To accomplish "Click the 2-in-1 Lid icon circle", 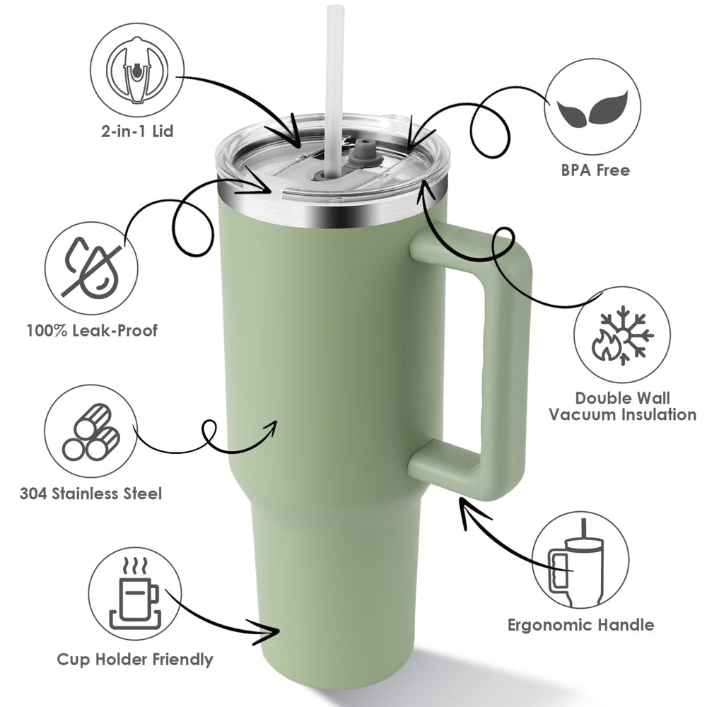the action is (137, 70).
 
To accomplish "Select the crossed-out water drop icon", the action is (91, 267).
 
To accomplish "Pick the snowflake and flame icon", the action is (622, 335).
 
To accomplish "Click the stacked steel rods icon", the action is (90, 431).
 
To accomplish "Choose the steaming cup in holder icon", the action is (135, 594).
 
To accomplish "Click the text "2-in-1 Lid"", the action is (137, 132).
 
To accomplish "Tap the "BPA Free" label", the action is (595, 170).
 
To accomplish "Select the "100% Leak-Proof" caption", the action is (92, 330).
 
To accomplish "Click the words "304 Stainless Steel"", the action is (90, 493).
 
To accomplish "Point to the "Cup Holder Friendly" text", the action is (135, 659).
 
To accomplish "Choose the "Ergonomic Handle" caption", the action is (580, 625).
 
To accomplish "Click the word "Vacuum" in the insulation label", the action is (577, 414).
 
